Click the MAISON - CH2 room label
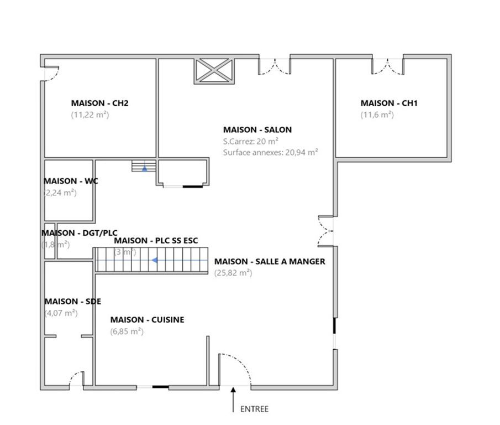pyautogui.click(x=99, y=103)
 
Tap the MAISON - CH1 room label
pyautogui.click(x=389, y=103)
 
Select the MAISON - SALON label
pyautogui.click(x=257, y=129)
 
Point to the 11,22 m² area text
pyautogui.click(x=90, y=115)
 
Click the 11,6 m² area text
pyautogui.click(x=377, y=115)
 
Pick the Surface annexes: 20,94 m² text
pyautogui.click(x=270, y=152)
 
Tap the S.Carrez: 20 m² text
pyautogui.click(x=251, y=141)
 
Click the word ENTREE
pyautogui.click(x=254, y=409)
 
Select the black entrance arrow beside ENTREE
pyautogui.click(x=233, y=400)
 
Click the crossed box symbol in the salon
pyautogui.click(x=214, y=71)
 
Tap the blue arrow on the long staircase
pyautogui.click(x=155, y=260)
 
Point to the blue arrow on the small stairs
pyautogui.click(x=144, y=169)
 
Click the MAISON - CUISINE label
pyautogui.click(x=148, y=320)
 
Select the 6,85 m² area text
pyautogui.click(x=127, y=331)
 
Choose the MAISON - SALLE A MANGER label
pyautogui.click(x=270, y=262)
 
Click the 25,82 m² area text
pyautogui.click(x=233, y=273)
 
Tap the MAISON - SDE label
pyautogui.click(x=73, y=302)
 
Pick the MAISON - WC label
pyautogui.click(x=71, y=181)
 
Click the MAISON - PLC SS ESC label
pyautogui.click(x=156, y=240)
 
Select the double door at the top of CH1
pyautogui.click(x=388, y=67)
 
